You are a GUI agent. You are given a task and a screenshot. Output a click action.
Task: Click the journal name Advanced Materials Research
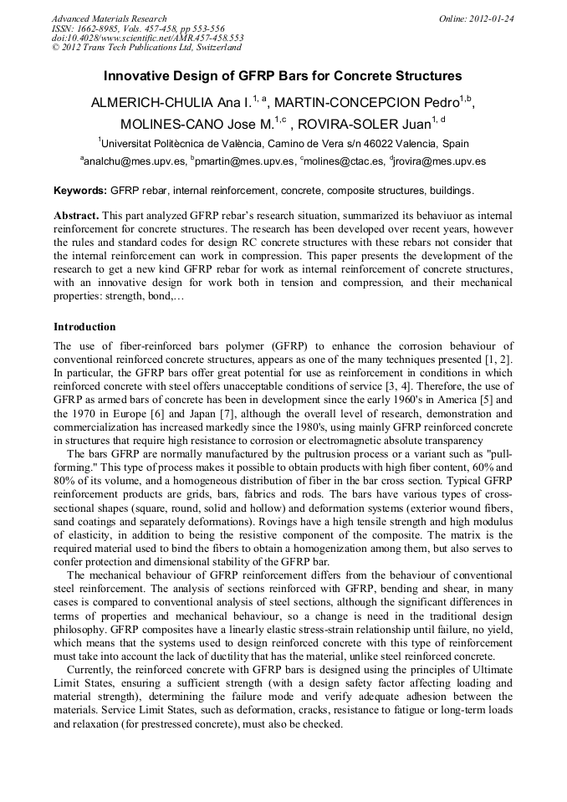(110, 18)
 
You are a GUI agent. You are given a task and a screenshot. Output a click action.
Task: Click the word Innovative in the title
(139, 75)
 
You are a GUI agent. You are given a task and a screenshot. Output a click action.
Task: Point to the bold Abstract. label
(77, 215)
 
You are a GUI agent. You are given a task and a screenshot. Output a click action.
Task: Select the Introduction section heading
(84, 327)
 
